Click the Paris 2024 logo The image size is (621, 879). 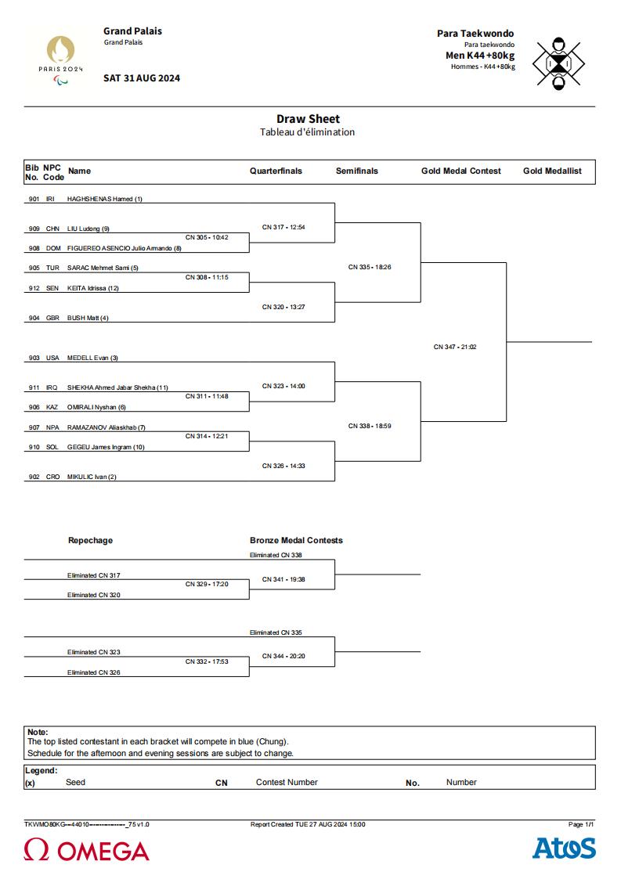(x=60, y=60)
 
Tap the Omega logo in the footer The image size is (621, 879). (x=86, y=850)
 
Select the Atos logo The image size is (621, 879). (x=564, y=848)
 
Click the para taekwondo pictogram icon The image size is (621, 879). (x=558, y=63)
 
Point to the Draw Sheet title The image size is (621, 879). (x=308, y=119)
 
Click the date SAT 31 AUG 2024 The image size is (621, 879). (x=142, y=78)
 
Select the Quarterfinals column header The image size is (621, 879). (x=276, y=171)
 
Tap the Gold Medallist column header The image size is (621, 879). (x=552, y=171)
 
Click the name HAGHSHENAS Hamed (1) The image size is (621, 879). (x=105, y=199)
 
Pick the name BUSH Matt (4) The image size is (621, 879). (x=88, y=318)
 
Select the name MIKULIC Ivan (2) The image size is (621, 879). (x=92, y=477)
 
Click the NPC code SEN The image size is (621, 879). (x=52, y=288)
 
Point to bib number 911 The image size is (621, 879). (x=34, y=387)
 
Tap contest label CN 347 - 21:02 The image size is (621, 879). (x=455, y=347)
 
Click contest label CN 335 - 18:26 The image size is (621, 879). (x=370, y=268)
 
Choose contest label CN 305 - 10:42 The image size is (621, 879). (x=207, y=238)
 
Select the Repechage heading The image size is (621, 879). (x=90, y=540)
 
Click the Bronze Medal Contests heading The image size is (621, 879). (x=296, y=540)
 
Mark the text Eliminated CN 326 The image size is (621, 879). (x=94, y=672)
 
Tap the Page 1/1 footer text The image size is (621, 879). (x=581, y=825)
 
